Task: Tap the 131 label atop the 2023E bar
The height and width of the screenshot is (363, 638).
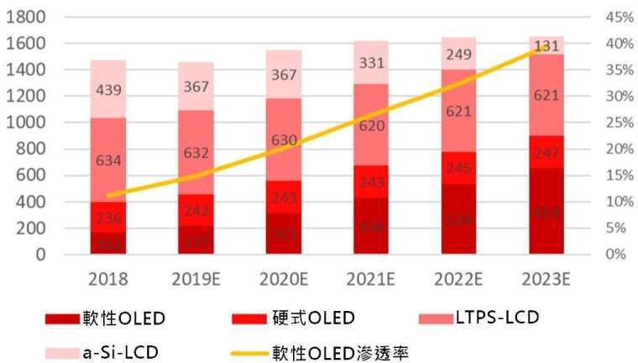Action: pos(546,46)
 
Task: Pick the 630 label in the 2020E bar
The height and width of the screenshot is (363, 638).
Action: pos(285,140)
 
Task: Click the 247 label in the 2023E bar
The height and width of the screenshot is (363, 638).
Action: pos(546,153)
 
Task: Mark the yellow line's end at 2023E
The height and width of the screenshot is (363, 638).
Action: pos(546,48)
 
